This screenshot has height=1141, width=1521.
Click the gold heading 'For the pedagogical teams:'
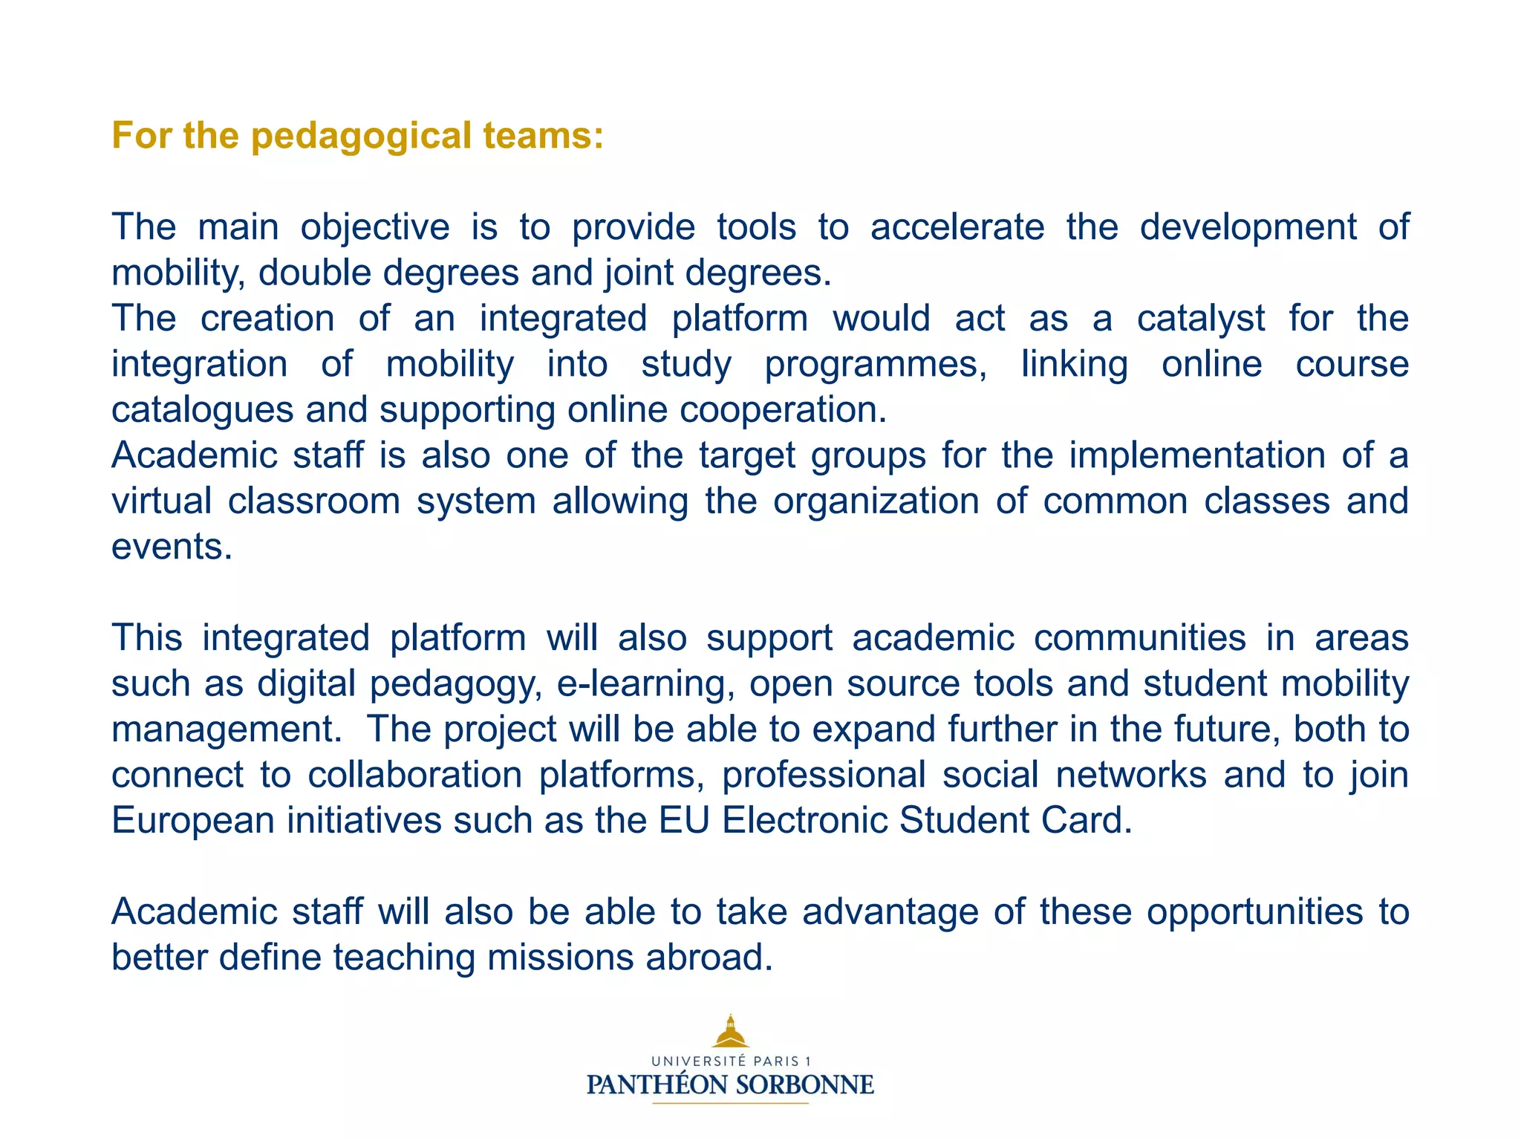(x=357, y=136)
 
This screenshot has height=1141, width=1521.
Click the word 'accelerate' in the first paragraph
(x=957, y=227)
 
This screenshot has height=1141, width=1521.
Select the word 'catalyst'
(x=1200, y=319)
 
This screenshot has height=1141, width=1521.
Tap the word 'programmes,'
(x=876, y=365)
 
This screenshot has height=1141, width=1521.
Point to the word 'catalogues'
(x=202, y=410)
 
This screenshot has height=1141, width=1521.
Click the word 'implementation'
(x=1196, y=455)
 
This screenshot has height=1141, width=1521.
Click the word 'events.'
(x=172, y=547)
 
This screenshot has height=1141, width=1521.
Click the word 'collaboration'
(x=414, y=775)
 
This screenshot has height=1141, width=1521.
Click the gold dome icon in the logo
(x=730, y=1032)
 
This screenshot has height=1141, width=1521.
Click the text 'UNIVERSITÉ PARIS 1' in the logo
(x=731, y=1062)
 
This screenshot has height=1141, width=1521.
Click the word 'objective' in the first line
(x=374, y=227)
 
